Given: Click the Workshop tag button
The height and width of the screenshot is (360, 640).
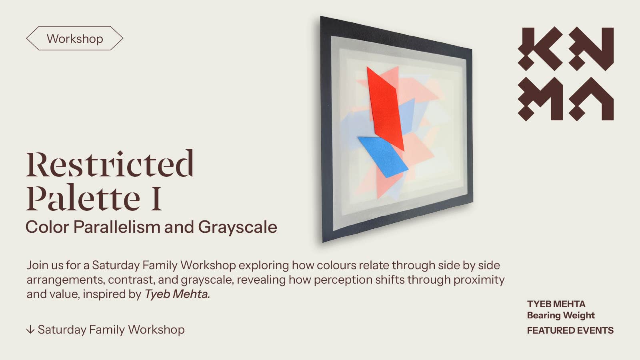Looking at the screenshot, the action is [x=74, y=38].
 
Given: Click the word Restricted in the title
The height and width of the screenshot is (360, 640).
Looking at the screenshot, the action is [x=110, y=164].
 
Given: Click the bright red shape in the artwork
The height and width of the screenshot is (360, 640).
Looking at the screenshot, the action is [x=385, y=108].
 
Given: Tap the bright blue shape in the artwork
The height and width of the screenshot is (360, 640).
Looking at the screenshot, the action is [x=383, y=157].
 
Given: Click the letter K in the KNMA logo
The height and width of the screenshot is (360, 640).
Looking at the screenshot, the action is [x=540, y=49].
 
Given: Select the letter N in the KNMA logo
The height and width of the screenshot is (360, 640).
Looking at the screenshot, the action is [x=591, y=49].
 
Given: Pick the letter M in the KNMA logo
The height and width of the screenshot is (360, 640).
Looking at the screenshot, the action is [x=540, y=99].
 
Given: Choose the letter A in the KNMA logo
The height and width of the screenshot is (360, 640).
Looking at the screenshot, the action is [x=591, y=99].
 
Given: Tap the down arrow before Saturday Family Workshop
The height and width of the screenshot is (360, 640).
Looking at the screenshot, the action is [x=30, y=330].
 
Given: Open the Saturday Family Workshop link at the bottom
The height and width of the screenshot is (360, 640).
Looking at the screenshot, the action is [x=111, y=330].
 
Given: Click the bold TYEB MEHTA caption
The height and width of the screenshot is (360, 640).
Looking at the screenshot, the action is [x=556, y=304].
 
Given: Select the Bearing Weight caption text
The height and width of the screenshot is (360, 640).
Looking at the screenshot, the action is [x=560, y=316].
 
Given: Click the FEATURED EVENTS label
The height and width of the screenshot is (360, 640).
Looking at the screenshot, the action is [x=570, y=330].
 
